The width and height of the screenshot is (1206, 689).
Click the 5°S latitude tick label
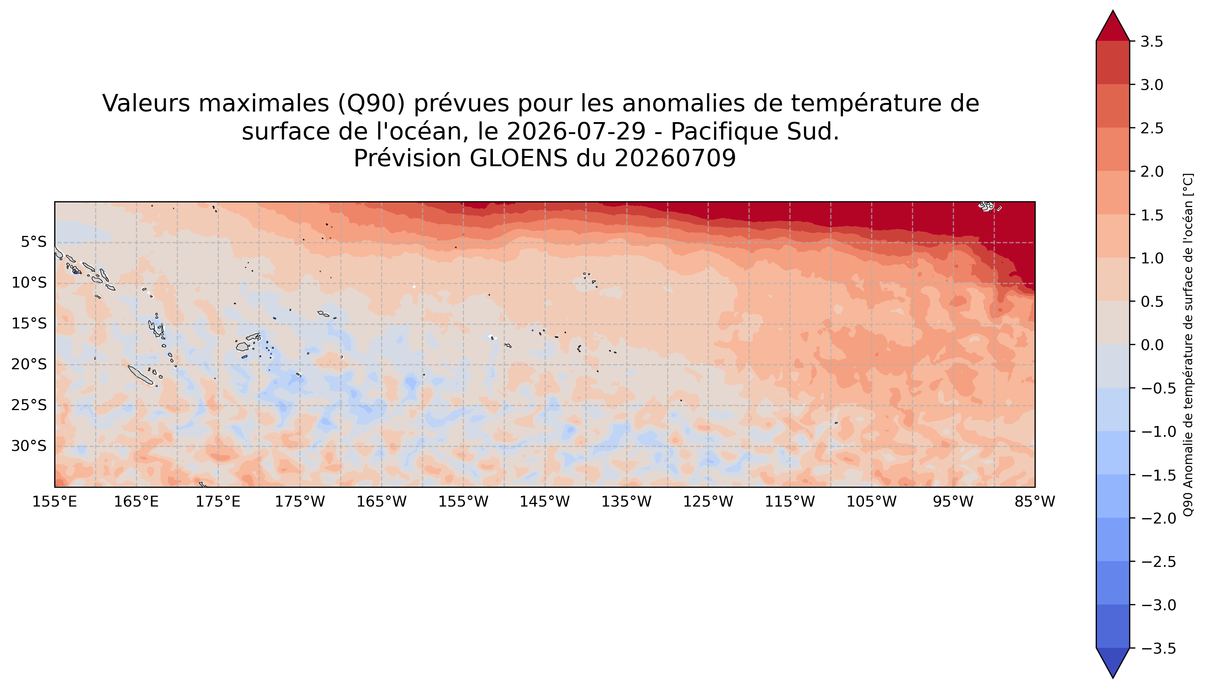[34, 242]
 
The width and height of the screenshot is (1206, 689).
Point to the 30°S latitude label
[29, 446]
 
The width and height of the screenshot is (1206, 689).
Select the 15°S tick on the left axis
[29, 324]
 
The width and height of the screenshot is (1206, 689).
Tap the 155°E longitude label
[55, 501]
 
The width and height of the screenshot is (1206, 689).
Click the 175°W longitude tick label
[300, 501]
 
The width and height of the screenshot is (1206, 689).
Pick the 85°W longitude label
[1035, 501]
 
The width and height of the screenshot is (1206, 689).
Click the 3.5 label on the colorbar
[1151, 42]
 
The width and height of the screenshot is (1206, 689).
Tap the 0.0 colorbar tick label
[1151, 345]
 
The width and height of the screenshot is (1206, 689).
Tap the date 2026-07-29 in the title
[576, 131]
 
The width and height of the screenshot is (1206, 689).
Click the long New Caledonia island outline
[141, 374]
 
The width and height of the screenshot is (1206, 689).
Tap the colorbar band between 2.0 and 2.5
[1113, 150]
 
